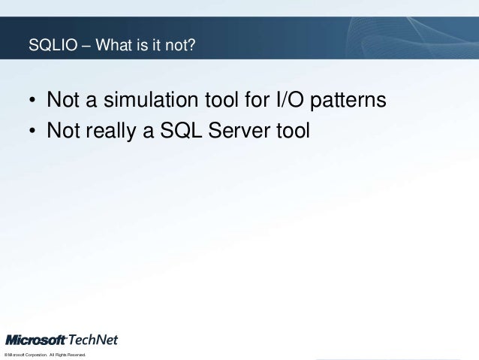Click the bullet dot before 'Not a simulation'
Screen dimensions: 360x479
(x=32, y=102)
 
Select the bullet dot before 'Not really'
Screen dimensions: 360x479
(x=32, y=133)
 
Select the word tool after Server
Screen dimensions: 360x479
(x=292, y=132)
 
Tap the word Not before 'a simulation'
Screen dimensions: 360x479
(x=62, y=100)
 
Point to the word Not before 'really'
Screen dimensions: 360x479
(x=62, y=132)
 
